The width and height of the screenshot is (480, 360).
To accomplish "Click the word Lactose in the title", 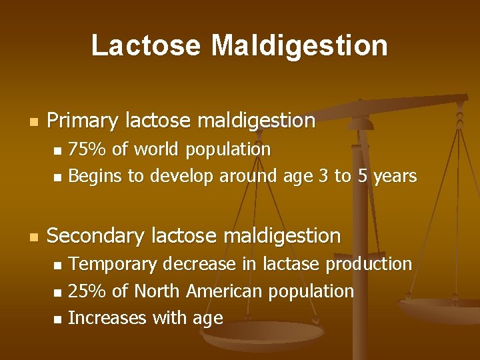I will (146, 45).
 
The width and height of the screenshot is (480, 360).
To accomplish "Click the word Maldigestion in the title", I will (299, 45).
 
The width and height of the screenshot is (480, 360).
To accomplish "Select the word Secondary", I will (97, 235).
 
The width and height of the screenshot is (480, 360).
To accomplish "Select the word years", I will (395, 177).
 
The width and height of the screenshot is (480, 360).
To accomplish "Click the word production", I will (369, 265).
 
